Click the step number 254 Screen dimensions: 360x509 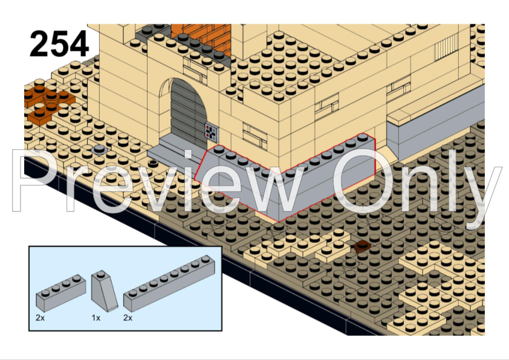59,43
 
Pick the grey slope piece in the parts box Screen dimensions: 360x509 104,292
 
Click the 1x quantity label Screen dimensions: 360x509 96,317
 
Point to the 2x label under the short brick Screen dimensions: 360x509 40,317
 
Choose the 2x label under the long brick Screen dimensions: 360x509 128,317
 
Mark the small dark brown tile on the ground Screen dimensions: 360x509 363,246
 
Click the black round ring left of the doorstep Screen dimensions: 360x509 144,161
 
